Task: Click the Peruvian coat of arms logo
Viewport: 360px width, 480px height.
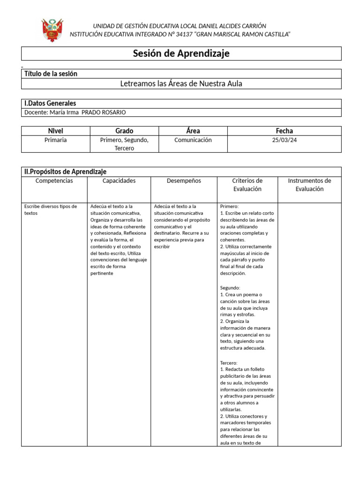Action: coord(52,30)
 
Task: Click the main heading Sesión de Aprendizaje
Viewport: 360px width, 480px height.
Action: coord(181,53)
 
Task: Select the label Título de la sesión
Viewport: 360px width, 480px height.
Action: coord(51,74)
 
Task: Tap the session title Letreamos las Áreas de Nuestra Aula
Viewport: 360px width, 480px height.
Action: coord(181,84)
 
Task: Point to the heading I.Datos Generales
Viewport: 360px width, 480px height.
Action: coord(50,103)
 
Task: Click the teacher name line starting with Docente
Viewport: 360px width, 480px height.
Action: coord(75,112)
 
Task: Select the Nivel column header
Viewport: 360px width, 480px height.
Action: coord(55,131)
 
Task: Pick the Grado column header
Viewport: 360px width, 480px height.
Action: coord(124,131)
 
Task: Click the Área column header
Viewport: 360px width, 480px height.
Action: coord(193,131)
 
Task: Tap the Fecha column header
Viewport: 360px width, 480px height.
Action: coord(285,131)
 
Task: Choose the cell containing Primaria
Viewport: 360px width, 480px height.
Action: coord(55,140)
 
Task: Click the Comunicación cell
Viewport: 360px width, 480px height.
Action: coord(193,140)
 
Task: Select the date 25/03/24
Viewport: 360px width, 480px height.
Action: coord(285,140)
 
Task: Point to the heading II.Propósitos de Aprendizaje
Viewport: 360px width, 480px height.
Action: coord(65,172)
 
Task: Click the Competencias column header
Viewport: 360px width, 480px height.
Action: coord(54,181)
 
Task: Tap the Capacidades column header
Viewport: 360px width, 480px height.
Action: coord(119,181)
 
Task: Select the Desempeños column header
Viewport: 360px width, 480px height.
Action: coord(184,181)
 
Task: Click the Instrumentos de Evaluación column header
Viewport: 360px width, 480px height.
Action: coord(309,185)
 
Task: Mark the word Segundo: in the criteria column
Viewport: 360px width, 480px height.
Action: coord(230,288)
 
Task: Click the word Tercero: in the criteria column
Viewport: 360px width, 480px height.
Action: coord(229,363)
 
